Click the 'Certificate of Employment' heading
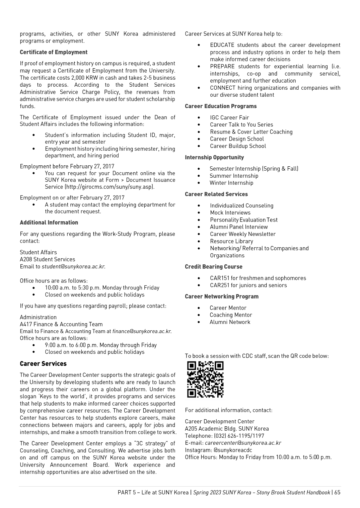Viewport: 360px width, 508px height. pyautogui.click(x=54, y=52)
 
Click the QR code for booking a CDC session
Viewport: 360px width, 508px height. pyautogui.click(x=205, y=379)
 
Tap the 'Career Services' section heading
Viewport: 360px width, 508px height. pyautogui.click(x=43, y=364)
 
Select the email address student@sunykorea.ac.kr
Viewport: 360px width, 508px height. pyautogui.click(x=73, y=267)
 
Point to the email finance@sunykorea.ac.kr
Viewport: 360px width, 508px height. pyautogui.click(x=142, y=331)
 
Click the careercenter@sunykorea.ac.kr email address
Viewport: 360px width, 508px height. pyautogui.click(x=243, y=443)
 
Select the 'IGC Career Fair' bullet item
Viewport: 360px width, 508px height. pyautogui.click(x=229, y=117)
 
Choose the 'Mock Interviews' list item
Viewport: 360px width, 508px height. pyautogui.click(x=230, y=213)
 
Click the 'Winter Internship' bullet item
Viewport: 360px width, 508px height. pyautogui.click(x=231, y=183)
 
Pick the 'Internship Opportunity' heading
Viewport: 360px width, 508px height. pyautogui.click(x=214, y=158)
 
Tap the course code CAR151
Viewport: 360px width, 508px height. pyautogui.click(x=219, y=278)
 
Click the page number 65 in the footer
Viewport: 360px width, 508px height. pyautogui.click(x=337, y=492)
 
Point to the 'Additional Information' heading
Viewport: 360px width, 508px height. pyautogui.click(x=49, y=223)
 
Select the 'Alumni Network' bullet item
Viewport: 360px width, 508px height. pyautogui.click(x=230, y=322)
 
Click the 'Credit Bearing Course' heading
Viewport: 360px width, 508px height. pyautogui.click(x=214, y=267)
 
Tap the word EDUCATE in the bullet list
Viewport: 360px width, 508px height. pyautogui.click(x=222, y=45)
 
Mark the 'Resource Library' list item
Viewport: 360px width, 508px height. pyautogui.click(x=231, y=241)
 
